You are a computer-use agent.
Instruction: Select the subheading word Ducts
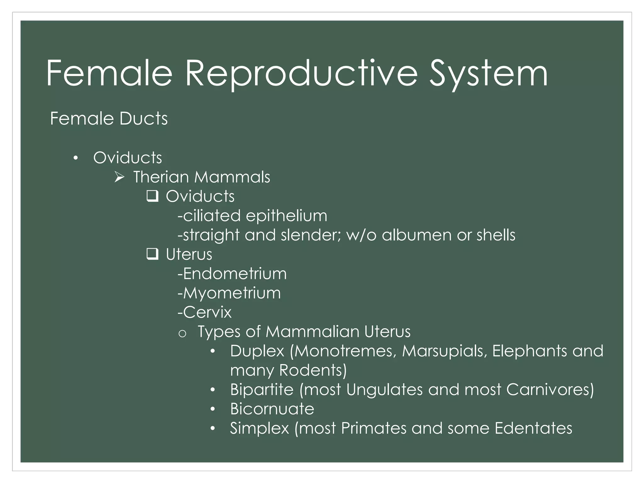point(143,119)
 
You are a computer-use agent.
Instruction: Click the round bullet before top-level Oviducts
point(75,158)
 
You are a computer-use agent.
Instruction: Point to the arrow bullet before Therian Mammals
point(119,177)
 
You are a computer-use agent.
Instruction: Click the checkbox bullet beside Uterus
point(152,254)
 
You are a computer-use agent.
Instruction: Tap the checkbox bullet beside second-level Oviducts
point(152,197)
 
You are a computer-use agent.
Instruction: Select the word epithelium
point(286,216)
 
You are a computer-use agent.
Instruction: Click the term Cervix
point(207,312)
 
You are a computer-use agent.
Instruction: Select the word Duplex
point(257,351)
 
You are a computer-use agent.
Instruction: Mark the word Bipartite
point(262,390)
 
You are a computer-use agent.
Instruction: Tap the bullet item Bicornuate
point(272,409)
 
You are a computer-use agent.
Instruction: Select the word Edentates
point(533,428)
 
